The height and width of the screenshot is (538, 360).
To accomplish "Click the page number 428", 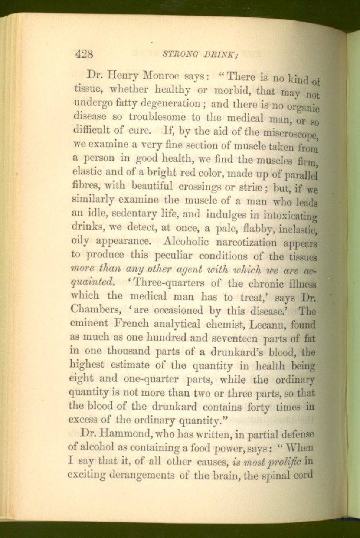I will click(84, 54).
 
